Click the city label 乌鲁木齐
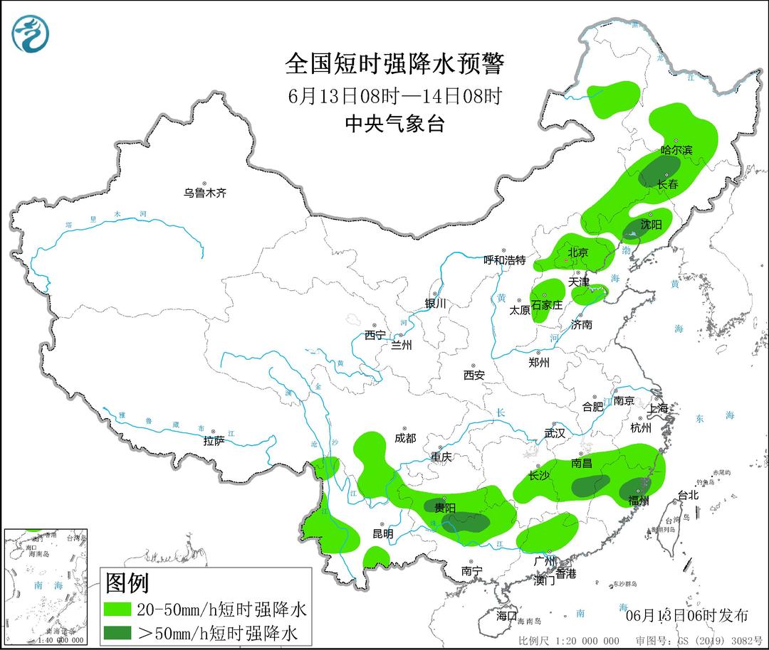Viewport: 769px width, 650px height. click(204, 193)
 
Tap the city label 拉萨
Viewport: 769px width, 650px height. click(214, 441)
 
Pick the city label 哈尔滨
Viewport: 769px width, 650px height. click(676, 151)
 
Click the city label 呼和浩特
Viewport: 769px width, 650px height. click(504, 260)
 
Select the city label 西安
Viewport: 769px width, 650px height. click(474, 374)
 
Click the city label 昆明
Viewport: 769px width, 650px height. click(382, 533)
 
